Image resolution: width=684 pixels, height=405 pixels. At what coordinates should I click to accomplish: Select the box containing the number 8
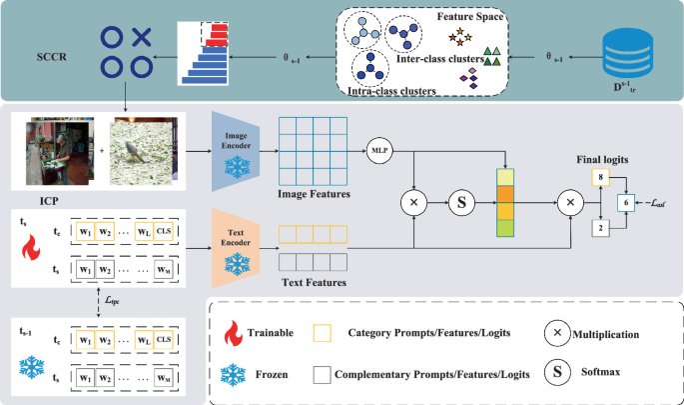point(601,176)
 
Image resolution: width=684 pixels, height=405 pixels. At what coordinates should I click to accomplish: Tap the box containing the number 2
point(601,228)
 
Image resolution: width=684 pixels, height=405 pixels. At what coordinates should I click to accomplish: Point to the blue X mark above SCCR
point(143,37)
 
